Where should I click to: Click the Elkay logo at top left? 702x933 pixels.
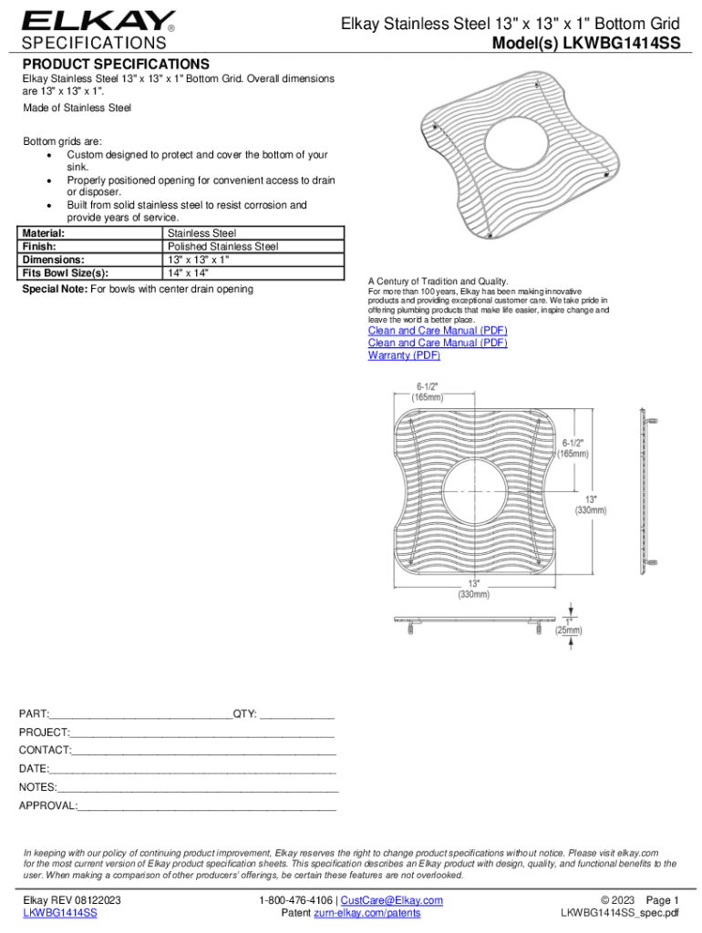pos(98,20)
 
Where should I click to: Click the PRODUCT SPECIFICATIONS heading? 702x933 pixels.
pos(116,64)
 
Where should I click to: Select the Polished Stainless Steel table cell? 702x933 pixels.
pos(223,246)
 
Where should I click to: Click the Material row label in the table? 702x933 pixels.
pos(43,233)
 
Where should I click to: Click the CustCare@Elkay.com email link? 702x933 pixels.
pos(391,900)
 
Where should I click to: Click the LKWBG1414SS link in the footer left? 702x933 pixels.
pos(60,913)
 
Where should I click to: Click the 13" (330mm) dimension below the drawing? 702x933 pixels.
pos(472,589)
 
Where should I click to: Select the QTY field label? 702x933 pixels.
pos(245,713)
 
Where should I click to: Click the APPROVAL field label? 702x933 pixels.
pos(48,806)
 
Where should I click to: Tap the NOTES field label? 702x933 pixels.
pos(37,787)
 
